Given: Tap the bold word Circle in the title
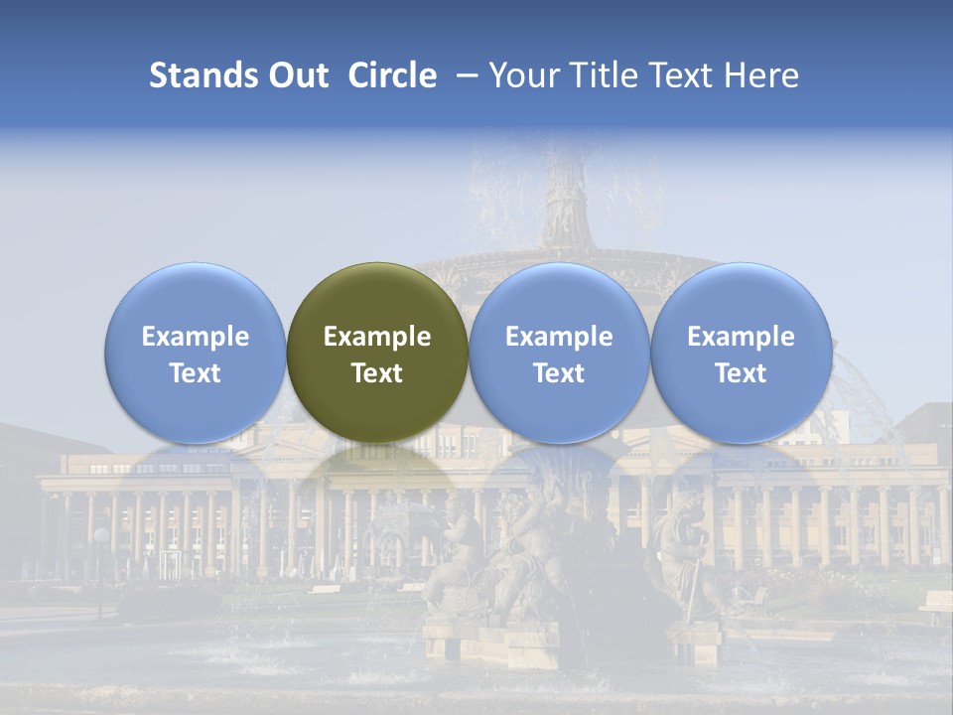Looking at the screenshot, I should [x=392, y=75].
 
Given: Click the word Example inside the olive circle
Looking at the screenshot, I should [x=377, y=337].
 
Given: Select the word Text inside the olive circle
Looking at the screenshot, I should [x=377, y=373].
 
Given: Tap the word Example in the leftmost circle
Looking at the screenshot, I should [x=195, y=337].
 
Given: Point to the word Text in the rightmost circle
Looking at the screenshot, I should [x=742, y=373].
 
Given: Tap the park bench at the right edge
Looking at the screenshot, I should [x=936, y=604].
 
